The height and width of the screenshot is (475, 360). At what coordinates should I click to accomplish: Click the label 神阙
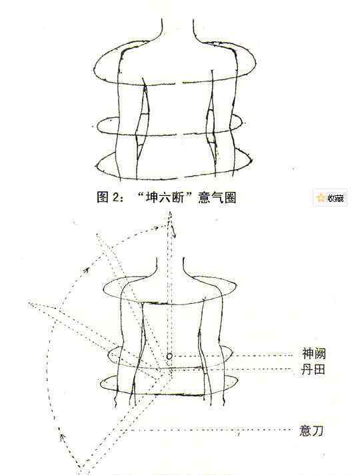[313, 354]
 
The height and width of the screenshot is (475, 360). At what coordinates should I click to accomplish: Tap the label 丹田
[313, 369]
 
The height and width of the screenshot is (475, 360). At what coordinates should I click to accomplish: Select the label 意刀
[311, 430]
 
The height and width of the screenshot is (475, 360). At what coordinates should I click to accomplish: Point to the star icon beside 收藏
[320, 198]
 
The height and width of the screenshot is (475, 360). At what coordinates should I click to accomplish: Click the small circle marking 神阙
[169, 356]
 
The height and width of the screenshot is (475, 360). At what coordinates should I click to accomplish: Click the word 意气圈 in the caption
[217, 198]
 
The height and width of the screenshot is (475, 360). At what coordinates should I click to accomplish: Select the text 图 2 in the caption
[108, 198]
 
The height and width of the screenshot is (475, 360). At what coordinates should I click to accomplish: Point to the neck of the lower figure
[170, 266]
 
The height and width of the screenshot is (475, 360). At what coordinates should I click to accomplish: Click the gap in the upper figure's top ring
[179, 83]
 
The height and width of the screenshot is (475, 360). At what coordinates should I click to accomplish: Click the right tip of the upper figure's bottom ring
[252, 161]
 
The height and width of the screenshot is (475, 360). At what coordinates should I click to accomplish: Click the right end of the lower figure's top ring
[236, 285]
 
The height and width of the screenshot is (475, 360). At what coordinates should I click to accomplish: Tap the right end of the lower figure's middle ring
[232, 353]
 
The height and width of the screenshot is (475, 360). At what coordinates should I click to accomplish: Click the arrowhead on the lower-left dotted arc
[63, 437]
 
